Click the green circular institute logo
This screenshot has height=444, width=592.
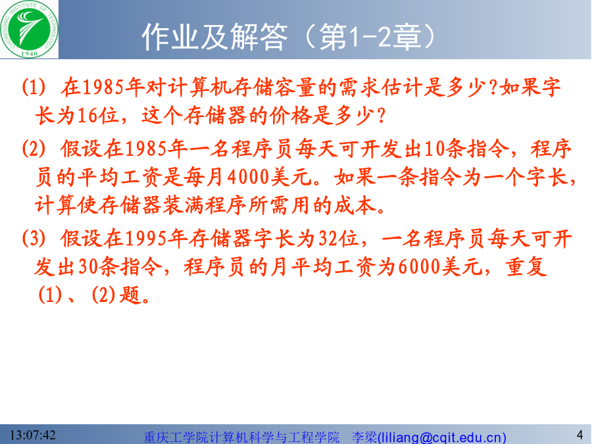(29, 29)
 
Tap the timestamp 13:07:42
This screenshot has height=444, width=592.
(32, 435)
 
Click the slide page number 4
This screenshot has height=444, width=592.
(580, 435)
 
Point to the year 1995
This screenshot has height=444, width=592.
(145, 239)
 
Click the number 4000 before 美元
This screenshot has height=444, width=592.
(249, 177)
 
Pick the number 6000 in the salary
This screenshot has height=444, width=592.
(419, 267)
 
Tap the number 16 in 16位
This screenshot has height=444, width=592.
(87, 116)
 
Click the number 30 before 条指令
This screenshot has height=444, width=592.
(89, 267)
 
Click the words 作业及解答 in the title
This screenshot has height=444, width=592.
(215, 37)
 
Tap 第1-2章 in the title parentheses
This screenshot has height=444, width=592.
(370, 37)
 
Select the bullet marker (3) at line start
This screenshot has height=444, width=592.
(34, 239)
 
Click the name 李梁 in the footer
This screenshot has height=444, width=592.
(364, 437)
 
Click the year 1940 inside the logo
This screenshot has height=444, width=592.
(29, 54)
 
